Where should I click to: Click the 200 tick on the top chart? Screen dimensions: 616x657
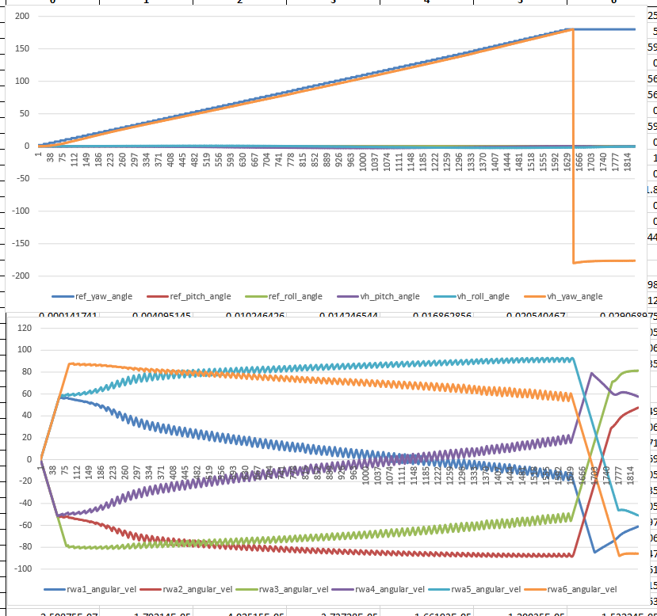21,17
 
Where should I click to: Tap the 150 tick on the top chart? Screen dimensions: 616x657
21,49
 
